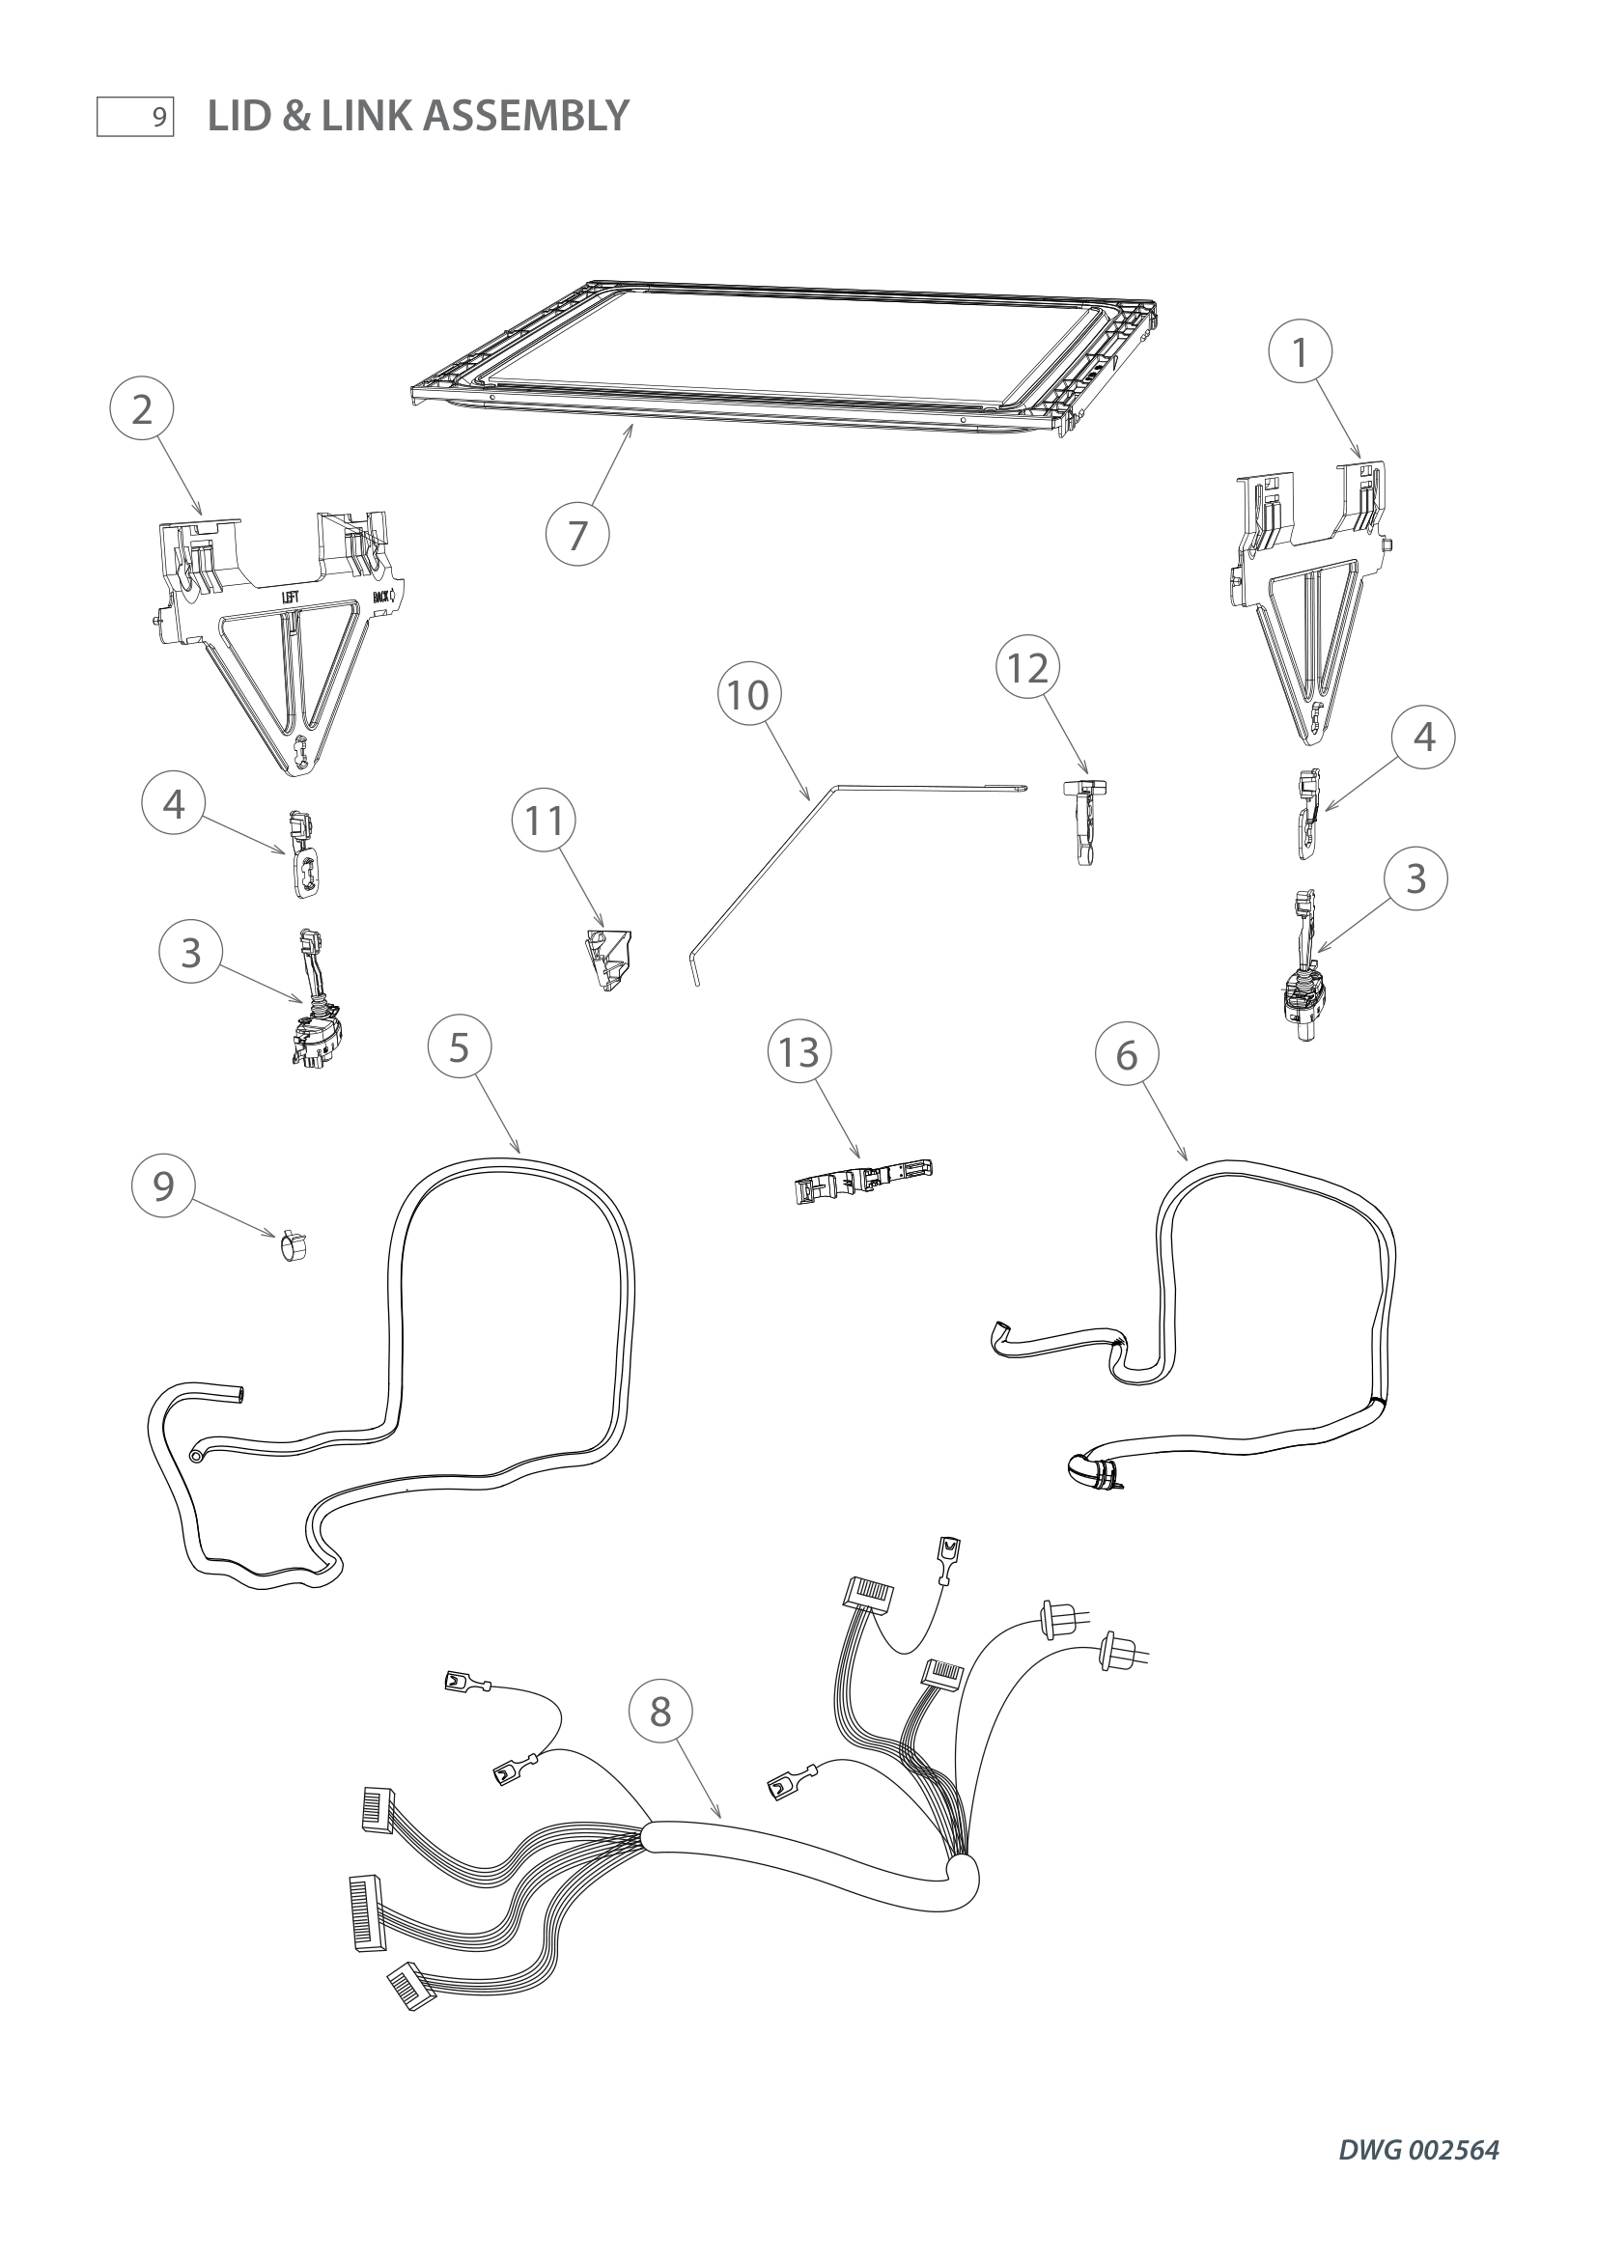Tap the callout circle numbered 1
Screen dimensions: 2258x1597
pyautogui.click(x=1300, y=351)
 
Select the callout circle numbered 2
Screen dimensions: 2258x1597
pyautogui.click(x=142, y=408)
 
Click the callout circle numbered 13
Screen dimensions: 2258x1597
pyautogui.click(x=798, y=1051)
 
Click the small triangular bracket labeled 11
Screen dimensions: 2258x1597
pyautogui.click(x=608, y=959)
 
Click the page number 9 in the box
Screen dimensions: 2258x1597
pyautogui.click(x=158, y=118)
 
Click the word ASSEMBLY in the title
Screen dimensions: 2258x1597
pyautogui.click(x=525, y=116)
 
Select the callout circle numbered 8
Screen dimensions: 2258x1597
pyautogui.click(x=659, y=1712)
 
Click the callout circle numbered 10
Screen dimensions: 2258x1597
pyautogui.click(x=748, y=694)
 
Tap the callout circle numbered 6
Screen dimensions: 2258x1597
pyautogui.click(x=1126, y=1054)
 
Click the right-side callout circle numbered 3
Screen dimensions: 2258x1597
pyautogui.click(x=1415, y=878)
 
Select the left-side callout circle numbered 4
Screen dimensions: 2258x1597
pyautogui.click(x=173, y=803)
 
